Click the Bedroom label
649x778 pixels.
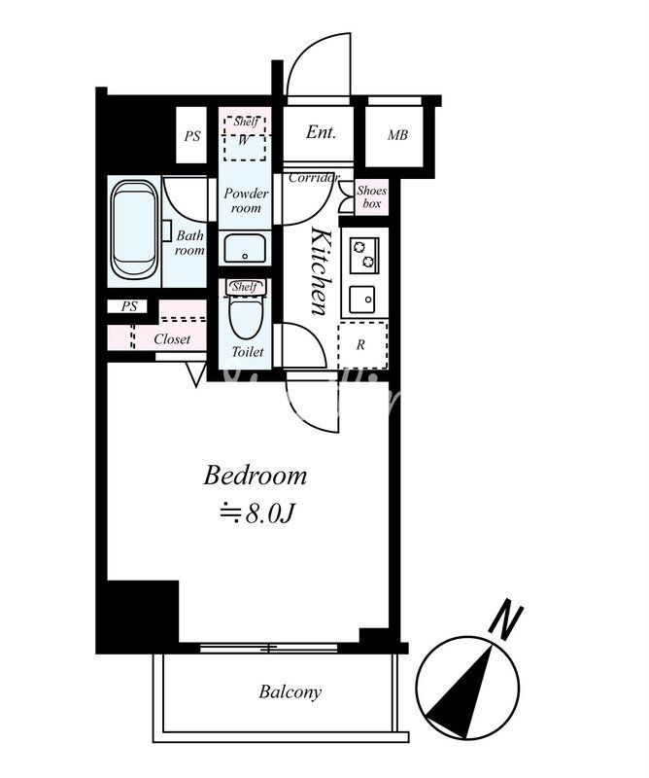[x=255, y=476]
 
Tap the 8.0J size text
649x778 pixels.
[x=257, y=514]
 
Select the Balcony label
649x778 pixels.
[x=290, y=691]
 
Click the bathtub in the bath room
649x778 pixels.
[x=134, y=230]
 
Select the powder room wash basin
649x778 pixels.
[x=245, y=248]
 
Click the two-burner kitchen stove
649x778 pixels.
[x=364, y=255]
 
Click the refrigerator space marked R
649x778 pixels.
[x=362, y=345]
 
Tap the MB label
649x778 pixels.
[x=397, y=135]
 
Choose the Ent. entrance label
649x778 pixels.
[x=321, y=132]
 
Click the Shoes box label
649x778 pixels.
[x=372, y=197]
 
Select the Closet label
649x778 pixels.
[x=172, y=339]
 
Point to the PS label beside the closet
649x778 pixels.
[x=129, y=306]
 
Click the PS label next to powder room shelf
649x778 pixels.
[x=192, y=136]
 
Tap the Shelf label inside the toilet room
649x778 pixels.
[x=245, y=286]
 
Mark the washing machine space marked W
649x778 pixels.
[x=245, y=139]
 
